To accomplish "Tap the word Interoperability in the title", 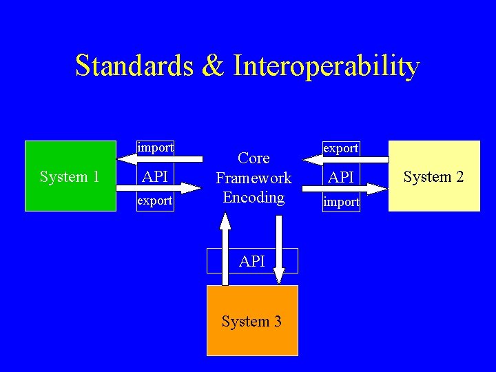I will pyautogui.click(x=327, y=67).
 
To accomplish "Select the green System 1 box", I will pyautogui.click(x=70, y=176).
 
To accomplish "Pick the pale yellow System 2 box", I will pyautogui.click(x=434, y=176).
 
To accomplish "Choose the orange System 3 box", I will pyautogui.click(x=252, y=321).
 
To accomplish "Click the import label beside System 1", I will pyautogui.click(x=155, y=148).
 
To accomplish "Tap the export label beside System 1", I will pyautogui.click(x=155, y=201).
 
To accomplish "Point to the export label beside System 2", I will pyautogui.click(x=341, y=148).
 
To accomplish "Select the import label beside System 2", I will pyautogui.click(x=341, y=202).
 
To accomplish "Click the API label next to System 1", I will pyautogui.click(x=155, y=176).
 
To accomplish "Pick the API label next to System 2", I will pyautogui.click(x=341, y=177).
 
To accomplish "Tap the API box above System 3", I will pyautogui.click(x=252, y=261).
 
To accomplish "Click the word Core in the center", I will pyautogui.click(x=254, y=158).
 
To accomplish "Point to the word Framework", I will pyautogui.click(x=254, y=178).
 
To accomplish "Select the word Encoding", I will pyautogui.click(x=254, y=197).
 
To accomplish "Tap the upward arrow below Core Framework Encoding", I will pyautogui.click(x=225, y=248).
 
